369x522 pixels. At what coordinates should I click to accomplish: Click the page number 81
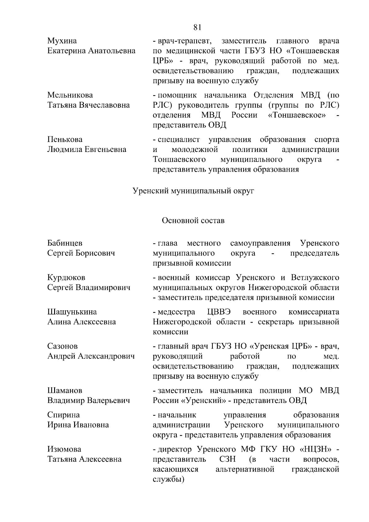[197, 27]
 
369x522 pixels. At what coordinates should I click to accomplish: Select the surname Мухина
[62, 41]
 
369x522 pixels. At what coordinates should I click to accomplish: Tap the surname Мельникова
[70, 95]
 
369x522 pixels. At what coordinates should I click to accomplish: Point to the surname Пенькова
[65, 139]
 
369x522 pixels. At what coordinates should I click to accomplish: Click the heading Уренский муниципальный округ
[193, 191]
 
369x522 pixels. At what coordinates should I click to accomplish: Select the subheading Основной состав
[193, 221]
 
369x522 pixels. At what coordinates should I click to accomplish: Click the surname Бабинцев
[65, 243]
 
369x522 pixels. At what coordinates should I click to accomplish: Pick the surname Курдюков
[66, 277]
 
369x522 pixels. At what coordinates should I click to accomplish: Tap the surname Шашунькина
[72, 312]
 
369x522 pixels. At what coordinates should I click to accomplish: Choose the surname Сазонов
[62, 346]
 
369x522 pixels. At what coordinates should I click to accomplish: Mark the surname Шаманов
[65, 391]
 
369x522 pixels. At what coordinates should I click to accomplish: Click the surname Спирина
[63, 415]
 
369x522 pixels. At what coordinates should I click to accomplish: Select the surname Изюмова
[64, 449]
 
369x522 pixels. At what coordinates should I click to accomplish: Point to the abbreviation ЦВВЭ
[219, 312]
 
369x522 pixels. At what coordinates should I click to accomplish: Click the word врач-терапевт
[184, 41]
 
